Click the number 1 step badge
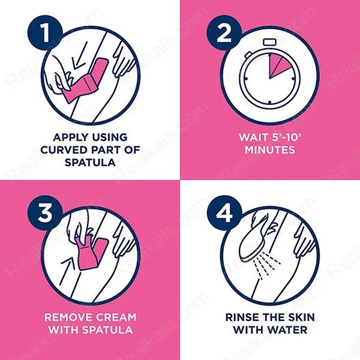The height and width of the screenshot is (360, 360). (x=45, y=33)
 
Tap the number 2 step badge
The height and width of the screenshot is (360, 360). (x=224, y=33)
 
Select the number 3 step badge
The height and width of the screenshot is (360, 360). (x=45, y=212)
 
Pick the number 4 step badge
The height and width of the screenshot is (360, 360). (x=224, y=212)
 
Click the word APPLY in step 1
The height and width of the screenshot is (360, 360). (x=70, y=137)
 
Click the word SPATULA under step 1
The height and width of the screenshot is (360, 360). (x=90, y=163)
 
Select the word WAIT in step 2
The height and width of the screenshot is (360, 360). (x=253, y=137)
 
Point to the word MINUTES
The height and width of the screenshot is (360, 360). (x=270, y=150)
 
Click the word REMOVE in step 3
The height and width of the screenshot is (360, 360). (x=68, y=317)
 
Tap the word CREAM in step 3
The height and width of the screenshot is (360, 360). (x=116, y=317)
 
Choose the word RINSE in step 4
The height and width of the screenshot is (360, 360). (x=242, y=317)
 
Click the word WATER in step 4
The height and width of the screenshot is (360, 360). (x=288, y=330)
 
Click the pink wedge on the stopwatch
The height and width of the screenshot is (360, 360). (x=278, y=65)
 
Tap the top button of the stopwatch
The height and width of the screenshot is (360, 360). (x=270, y=42)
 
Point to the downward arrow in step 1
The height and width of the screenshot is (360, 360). (x=79, y=56)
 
